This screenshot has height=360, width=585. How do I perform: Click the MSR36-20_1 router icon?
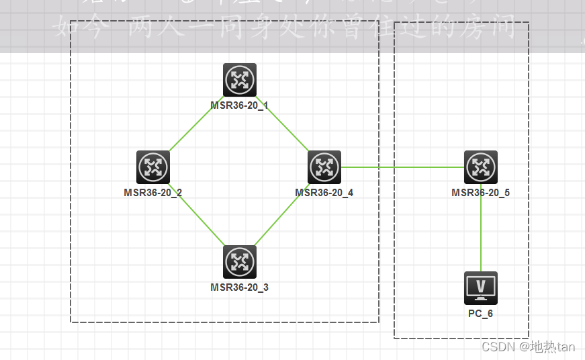point(240,80)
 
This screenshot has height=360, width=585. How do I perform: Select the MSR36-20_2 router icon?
point(153,167)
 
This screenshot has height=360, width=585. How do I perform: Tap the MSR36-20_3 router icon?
point(240,262)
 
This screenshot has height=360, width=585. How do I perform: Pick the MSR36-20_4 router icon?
point(324,167)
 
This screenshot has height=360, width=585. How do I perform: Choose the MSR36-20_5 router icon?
point(481,167)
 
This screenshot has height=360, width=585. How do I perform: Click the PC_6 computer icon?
point(481,288)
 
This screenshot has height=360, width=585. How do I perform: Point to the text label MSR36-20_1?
point(240,105)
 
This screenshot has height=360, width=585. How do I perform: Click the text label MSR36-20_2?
point(153,193)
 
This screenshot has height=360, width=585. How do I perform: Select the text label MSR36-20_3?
point(240,287)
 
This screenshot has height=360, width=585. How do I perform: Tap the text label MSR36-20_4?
point(324,193)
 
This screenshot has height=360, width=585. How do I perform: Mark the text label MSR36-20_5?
point(481,193)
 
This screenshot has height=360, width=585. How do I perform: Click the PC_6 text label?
point(481,314)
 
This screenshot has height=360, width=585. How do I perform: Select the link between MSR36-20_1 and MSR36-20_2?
point(196,124)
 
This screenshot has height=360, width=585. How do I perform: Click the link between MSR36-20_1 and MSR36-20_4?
point(282,124)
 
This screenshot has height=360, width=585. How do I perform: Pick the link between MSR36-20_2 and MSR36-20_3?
point(196,215)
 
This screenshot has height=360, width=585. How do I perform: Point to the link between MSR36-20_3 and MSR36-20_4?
point(282,215)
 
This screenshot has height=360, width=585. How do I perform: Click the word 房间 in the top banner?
point(494,29)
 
